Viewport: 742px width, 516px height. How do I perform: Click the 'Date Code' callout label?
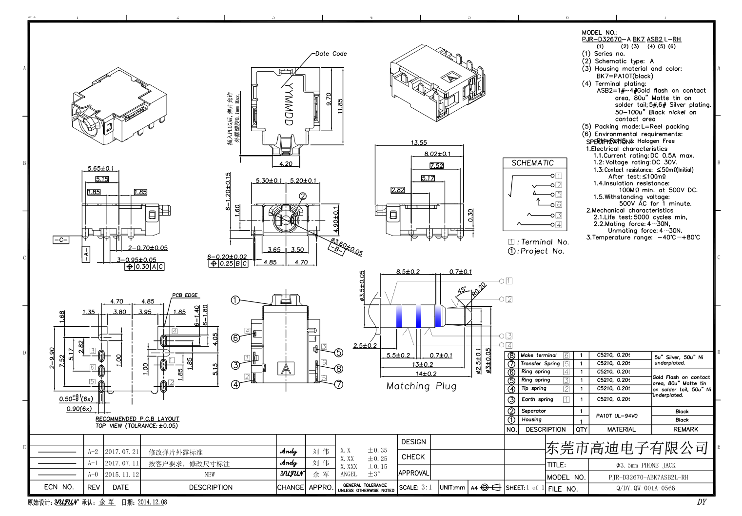(x=331, y=54)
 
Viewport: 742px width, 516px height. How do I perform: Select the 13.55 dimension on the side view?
(x=418, y=142)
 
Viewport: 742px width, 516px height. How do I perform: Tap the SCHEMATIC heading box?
(x=532, y=163)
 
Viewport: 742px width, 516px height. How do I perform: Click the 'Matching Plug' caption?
(x=421, y=386)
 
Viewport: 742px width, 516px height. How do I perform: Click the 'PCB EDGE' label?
(x=185, y=295)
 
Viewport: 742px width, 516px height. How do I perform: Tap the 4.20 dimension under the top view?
(x=286, y=164)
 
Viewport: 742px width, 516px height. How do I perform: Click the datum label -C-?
(x=61, y=240)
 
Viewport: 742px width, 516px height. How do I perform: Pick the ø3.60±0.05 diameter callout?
(x=347, y=247)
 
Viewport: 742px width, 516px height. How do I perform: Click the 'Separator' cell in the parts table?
(x=533, y=411)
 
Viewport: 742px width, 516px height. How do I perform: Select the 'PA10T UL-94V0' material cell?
(x=616, y=416)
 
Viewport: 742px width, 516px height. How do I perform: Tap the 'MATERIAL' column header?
(x=621, y=430)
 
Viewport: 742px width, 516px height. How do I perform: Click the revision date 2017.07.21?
(x=122, y=452)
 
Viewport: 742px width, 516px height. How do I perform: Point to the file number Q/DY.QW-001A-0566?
(x=645, y=488)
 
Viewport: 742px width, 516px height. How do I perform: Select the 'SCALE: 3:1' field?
(x=415, y=487)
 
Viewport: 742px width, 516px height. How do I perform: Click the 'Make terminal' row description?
(x=538, y=356)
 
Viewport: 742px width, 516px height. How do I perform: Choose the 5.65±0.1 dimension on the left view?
(x=100, y=168)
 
